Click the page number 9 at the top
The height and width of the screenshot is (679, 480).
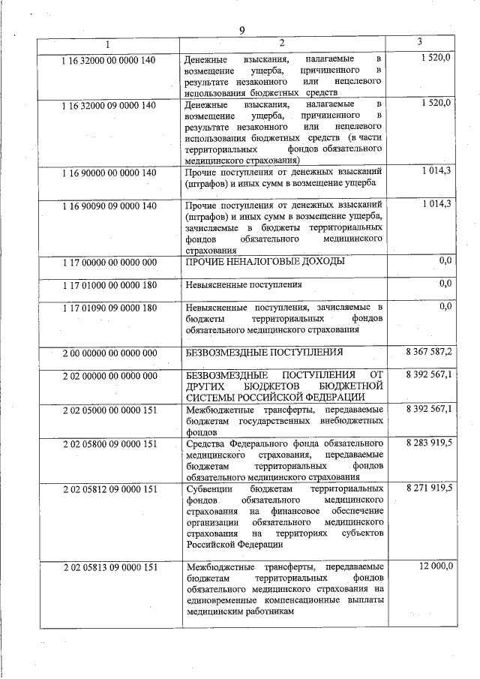pos(241,30)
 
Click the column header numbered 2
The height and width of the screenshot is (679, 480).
pos(281,43)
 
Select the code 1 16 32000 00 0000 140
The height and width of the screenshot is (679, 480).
pos(109,60)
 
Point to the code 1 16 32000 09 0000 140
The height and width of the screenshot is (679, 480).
pos(109,106)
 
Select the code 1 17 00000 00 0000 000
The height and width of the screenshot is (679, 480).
pos(109,262)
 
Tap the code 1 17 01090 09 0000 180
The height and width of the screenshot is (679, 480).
pos(109,308)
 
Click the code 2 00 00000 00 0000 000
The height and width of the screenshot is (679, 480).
pos(109,353)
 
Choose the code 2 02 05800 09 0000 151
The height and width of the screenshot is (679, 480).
pos(109,444)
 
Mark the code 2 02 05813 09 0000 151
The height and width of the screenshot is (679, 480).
pos(109,567)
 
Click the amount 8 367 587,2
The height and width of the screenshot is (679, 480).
pos(429,351)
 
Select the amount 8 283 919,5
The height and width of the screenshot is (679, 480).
pos(429,443)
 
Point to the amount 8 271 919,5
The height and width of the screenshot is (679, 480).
pos(429,488)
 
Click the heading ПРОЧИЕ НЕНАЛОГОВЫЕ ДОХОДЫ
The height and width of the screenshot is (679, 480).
pos(265,261)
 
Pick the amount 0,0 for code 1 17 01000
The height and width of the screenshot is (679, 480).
pos(445,283)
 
